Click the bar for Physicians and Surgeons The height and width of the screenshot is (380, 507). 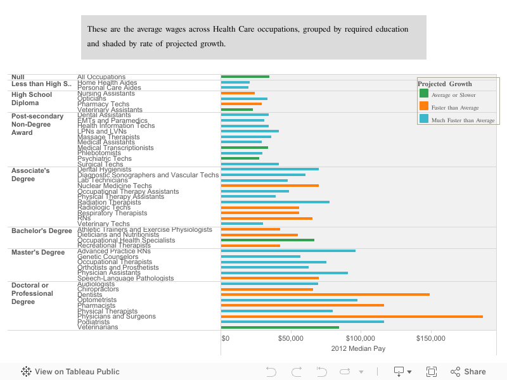pyautogui.click(x=352, y=316)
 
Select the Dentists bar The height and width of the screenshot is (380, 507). pyautogui.click(x=325, y=294)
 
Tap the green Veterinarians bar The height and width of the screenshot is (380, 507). pyautogui.click(x=279, y=327)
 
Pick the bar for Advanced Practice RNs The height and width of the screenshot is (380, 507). pyautogui.click(x=288, y=251)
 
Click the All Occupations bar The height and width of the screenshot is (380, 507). pyautogui.click(x=245, y=77)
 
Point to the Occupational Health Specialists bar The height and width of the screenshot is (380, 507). pyautogui.click(x=267, y=240)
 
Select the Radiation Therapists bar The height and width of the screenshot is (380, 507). pyautogui.click(x=275, y=202)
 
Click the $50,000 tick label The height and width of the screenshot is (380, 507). pyautogui.click(x=290, y=338)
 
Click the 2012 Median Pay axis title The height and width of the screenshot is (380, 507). pyautogui.click(x=358, y=348)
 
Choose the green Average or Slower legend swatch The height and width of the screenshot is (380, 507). pyautogui.click(x=424, y=94)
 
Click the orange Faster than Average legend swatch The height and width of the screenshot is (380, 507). pyautogui.click(x=424, y=106)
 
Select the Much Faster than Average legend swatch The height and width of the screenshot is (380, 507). pyautogui.click(x=424, y=118)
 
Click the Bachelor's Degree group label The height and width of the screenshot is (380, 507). pyautogui.click(x=41, y=231)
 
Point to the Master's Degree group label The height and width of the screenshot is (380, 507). pyautogui.click(x=38, y=252)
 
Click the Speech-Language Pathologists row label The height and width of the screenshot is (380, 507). pyautogui.click(x=125, y=278)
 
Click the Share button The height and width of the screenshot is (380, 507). pyautogui.click(x=468, y=372)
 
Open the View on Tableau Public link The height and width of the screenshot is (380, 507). pyautogui.click(x=70, y=372)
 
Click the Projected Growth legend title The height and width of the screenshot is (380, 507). pyautogui.click(x=444, y=84)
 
